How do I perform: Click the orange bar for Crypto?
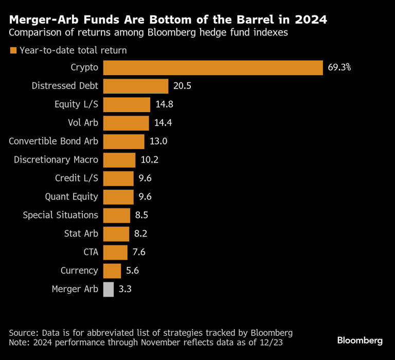(x=213, y=67)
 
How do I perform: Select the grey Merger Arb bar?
(x=109, y=289)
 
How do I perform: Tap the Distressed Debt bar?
(x=136, y=86)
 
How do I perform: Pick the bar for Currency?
(x=112, y=271)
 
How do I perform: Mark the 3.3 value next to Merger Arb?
(x=125, y=289)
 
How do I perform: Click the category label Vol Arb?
(x=83, y=123)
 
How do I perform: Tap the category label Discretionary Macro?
(x=56, y=160)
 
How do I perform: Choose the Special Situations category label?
(x=60, y=215)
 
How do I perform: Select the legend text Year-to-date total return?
(x=73, y=50)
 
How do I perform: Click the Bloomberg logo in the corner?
(x=360, y=340)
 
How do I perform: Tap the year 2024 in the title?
(x=311, y=20)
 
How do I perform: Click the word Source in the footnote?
(x=24, y=332)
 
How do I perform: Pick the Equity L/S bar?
(x=127, y=104)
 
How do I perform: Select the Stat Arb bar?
(x=116, y=233)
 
